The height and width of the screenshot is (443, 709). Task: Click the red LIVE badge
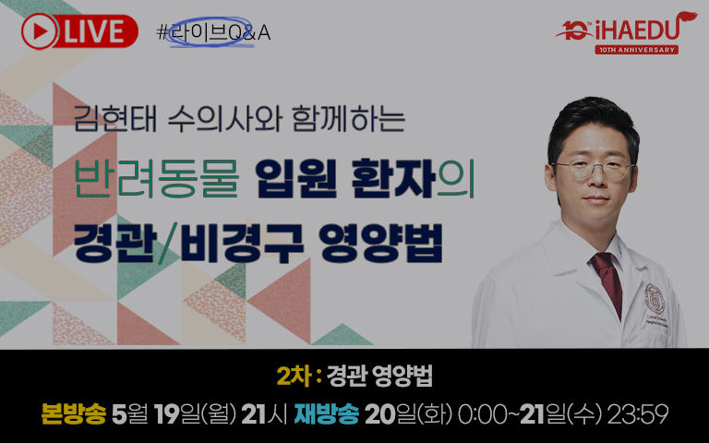[x=79, y=31]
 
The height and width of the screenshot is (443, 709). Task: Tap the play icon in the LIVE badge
[x=39, y=31]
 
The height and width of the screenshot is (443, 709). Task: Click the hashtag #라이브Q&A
[x=213, y=32]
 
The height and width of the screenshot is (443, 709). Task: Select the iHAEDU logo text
[x=637, y=30]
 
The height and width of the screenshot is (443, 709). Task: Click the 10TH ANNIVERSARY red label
[x=636, y=50]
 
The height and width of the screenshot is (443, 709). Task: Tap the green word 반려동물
[x=156, y=179]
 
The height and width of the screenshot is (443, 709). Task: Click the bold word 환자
[x=393, y=179]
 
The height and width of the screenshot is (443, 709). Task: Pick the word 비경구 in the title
[x=242, y=244]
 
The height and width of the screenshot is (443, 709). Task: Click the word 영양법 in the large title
[x=380, y=244]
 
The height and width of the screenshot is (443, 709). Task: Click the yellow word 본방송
[x=73, y=413]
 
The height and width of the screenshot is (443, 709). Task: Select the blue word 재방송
[x=327, y=413]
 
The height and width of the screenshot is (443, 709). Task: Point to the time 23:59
[x=638, y=413]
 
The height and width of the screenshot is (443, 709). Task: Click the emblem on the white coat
[x=655, y=298]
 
